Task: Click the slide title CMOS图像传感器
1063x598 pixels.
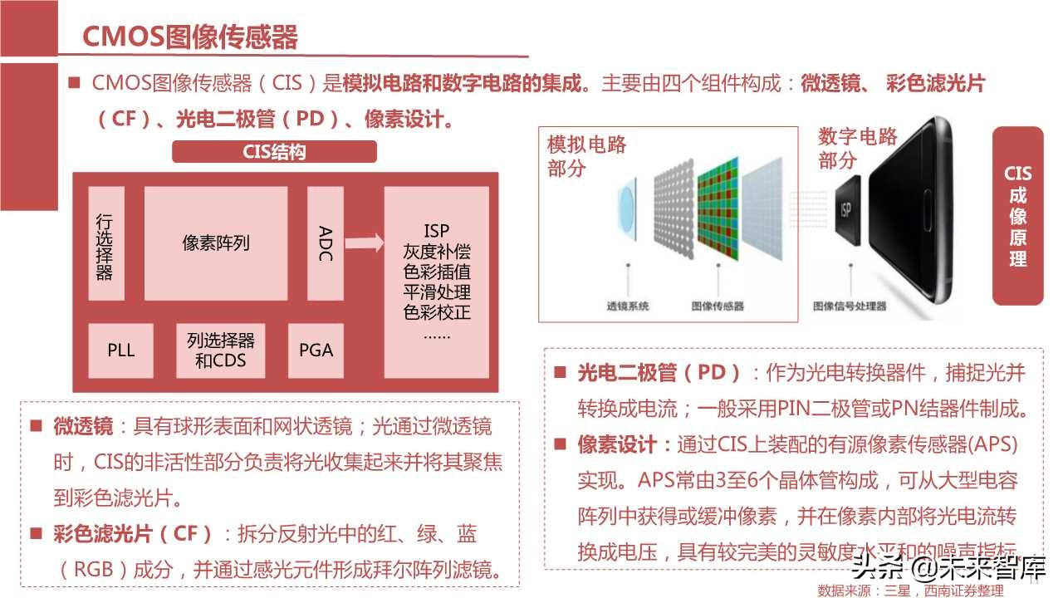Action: [x=190, y=37]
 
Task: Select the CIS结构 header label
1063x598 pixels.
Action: [x=274, y=152]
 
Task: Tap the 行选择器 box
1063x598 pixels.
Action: [x=105, y=243]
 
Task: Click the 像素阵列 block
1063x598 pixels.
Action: [x=216, y=243]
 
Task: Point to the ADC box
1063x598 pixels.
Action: [x=326, y=243]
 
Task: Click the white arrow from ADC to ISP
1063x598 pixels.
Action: [x=364, y=243]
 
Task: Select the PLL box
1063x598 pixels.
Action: [x=121, y=350]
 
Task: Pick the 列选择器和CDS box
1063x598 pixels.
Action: [x=221, y=350]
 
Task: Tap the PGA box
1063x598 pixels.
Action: [x=316, y=350]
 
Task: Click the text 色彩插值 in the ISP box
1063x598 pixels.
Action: [x=437, y=272]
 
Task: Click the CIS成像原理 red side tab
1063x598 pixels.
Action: [x=1017, y=216]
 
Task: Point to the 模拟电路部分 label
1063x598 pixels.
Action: [x=586, y=156]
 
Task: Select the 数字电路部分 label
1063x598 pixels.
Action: [x=857, y=148]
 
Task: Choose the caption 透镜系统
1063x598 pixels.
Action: [x=629, y=306]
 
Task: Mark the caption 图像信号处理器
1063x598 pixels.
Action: [x=849, y=306]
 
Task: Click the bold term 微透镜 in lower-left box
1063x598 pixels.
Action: [x=83, y=427]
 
